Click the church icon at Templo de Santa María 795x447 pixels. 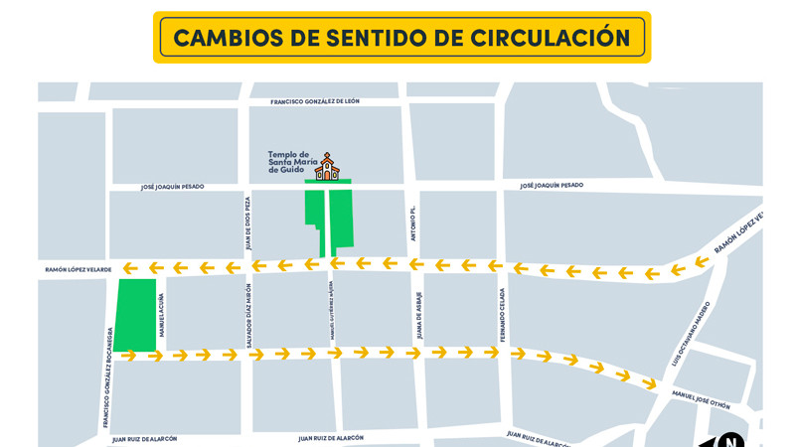point(326,167)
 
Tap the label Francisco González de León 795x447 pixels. point(315,101)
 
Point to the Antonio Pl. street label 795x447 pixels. point(413,223)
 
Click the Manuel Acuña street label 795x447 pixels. point(162,315)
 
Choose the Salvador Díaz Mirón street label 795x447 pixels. point(249,316)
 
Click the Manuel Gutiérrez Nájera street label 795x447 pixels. point(331,312)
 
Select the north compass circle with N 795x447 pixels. point(730,440)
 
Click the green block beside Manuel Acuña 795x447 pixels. point(136,314)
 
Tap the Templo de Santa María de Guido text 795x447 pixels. point(288,162)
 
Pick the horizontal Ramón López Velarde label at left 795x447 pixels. point(78,269)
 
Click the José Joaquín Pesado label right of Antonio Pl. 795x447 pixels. point(552,186)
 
